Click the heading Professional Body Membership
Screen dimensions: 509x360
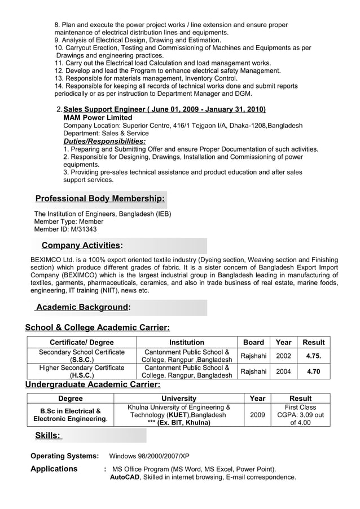[x=100, y=198]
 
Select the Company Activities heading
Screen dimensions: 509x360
[x=82, y=245]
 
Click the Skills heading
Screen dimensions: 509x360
[x=48, y=435]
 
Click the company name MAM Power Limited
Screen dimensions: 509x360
[x=98, y=117]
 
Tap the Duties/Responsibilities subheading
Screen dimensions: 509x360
[x=104, y=141]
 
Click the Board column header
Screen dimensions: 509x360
[x=253, y=342]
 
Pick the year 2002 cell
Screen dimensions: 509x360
[x=283, y=356]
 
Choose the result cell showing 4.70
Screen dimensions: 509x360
[x=313, y=371]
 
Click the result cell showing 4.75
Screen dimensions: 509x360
[x=313, y=356]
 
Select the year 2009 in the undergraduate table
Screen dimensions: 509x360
[x=257, y=415]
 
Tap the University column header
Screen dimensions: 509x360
[x=179, y=399]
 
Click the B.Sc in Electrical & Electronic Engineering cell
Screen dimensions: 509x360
[x=71, y=415]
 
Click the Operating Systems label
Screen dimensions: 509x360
[x=64, y=455]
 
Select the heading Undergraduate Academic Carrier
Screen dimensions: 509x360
[x=93, y=384]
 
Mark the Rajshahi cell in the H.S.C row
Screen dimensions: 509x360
[x=253, y=371]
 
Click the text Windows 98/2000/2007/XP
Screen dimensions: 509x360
[x=149, y=455]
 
